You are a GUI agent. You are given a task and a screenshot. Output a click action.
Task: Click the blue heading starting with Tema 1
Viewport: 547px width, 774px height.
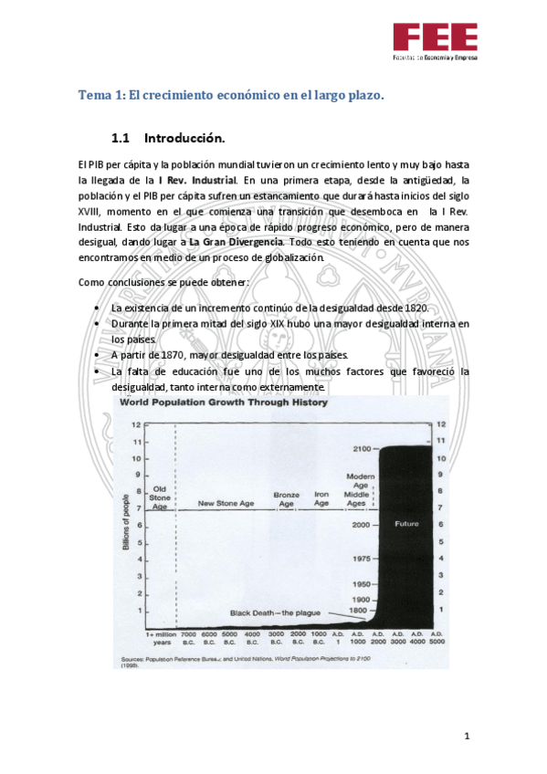click(x=231, y=94)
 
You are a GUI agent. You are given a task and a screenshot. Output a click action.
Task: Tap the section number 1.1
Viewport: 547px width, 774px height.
click(x=122, y=139)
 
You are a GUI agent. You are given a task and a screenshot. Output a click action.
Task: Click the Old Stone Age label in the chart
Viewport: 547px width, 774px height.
click(x=160, y=498)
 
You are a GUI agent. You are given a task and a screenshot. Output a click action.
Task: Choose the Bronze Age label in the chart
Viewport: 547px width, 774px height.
click(x=287, y=498)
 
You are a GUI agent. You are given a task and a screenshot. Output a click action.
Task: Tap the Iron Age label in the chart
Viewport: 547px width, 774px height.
click(x=321, y=498)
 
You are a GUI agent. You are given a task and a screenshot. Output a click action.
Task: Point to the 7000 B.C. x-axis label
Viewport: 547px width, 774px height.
click(x=189, y=637)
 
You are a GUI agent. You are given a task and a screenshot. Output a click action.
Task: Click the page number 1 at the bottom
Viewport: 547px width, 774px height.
click(x=466, y=736)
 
